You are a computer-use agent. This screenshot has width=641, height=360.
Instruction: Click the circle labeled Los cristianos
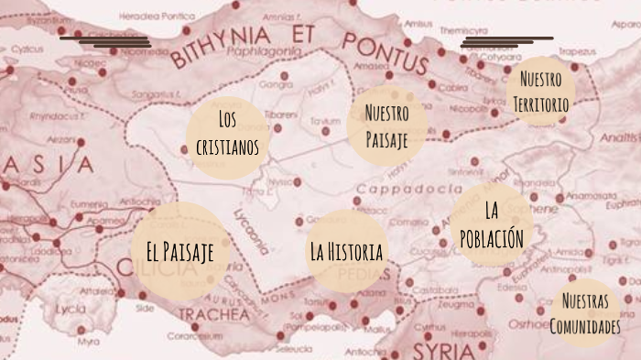[x=227, y=134]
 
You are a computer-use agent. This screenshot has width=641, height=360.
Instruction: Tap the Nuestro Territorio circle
[x=540, y=92]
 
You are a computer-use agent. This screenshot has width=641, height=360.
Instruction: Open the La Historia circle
[x=345, y=250]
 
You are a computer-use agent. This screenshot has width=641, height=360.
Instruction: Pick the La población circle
[x=493, y=225]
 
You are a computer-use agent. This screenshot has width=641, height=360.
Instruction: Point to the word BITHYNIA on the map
[x=220, y=44]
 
